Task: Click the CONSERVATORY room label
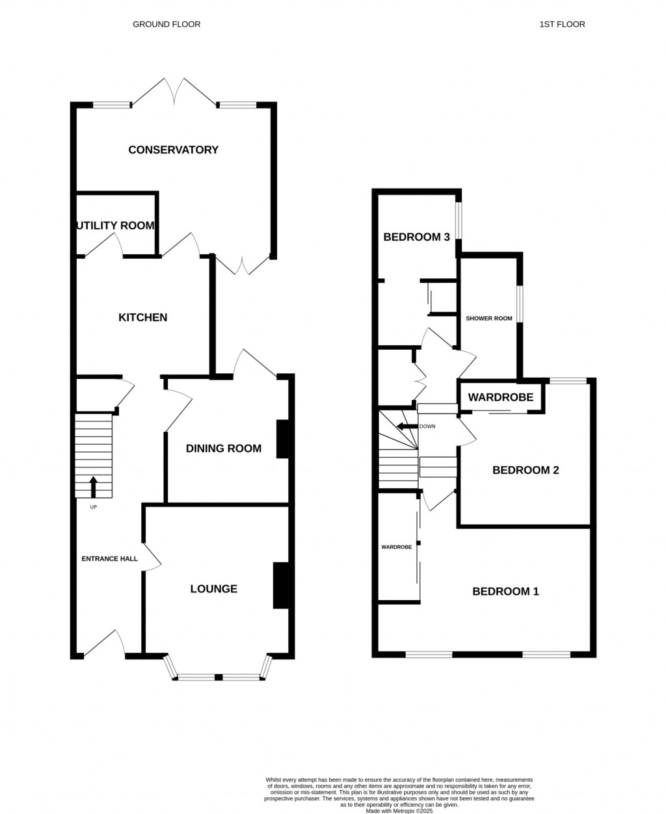pos(173,150)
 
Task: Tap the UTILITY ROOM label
pos(116,226)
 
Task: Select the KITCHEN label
pos(142,317)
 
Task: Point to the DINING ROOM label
pos(223,448)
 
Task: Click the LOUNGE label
pos(213,589)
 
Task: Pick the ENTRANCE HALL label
pos(109,558)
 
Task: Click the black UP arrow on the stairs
pos(93,486)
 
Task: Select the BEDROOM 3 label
pos(416,237)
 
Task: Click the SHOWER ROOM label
pos(488,319)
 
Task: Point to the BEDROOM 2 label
pos(526,470)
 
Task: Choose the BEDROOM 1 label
pos(505,592)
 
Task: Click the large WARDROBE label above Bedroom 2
pos(501,397)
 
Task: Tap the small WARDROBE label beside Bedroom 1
pos(396,547)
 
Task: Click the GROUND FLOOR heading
pos(166,24)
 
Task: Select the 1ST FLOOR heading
pos(562,24)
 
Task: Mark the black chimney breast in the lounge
pos(281,585)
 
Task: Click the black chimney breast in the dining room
pos(283,440)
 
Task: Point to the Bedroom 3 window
pos(459,221)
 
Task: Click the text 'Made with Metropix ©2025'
pos(399,810)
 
